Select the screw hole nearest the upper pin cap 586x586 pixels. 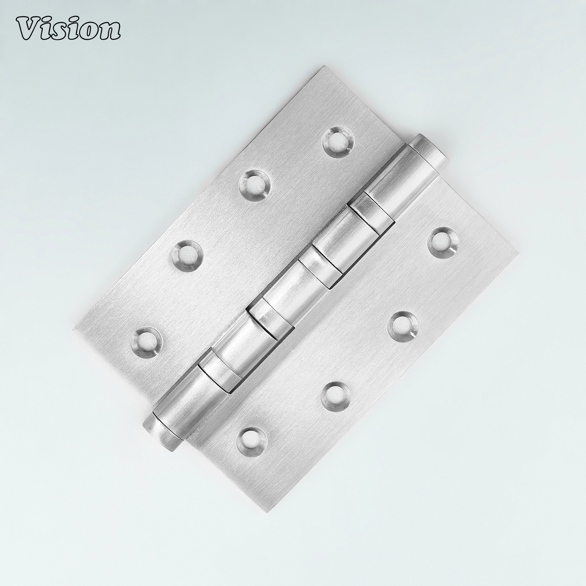[x=337, y=142]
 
